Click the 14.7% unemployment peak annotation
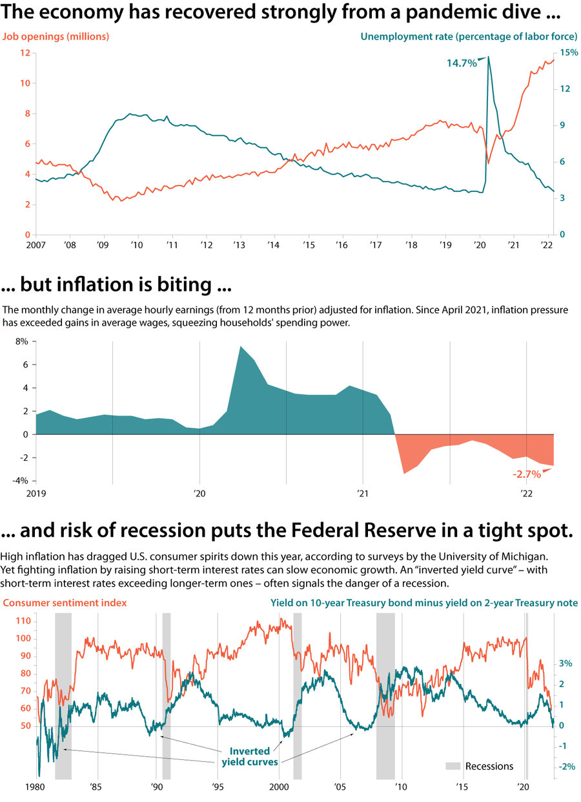[462, 63]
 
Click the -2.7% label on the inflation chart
[526, 474]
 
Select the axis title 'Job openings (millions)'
[56, 37]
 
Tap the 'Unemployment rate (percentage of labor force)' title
[469, 37]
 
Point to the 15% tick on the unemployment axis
[569, 52]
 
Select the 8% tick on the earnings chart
[22, 342]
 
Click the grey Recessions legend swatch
[453, 766]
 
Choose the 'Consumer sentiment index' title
[65, 602]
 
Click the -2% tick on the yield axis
[566, 766]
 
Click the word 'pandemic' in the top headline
[414, 12]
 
